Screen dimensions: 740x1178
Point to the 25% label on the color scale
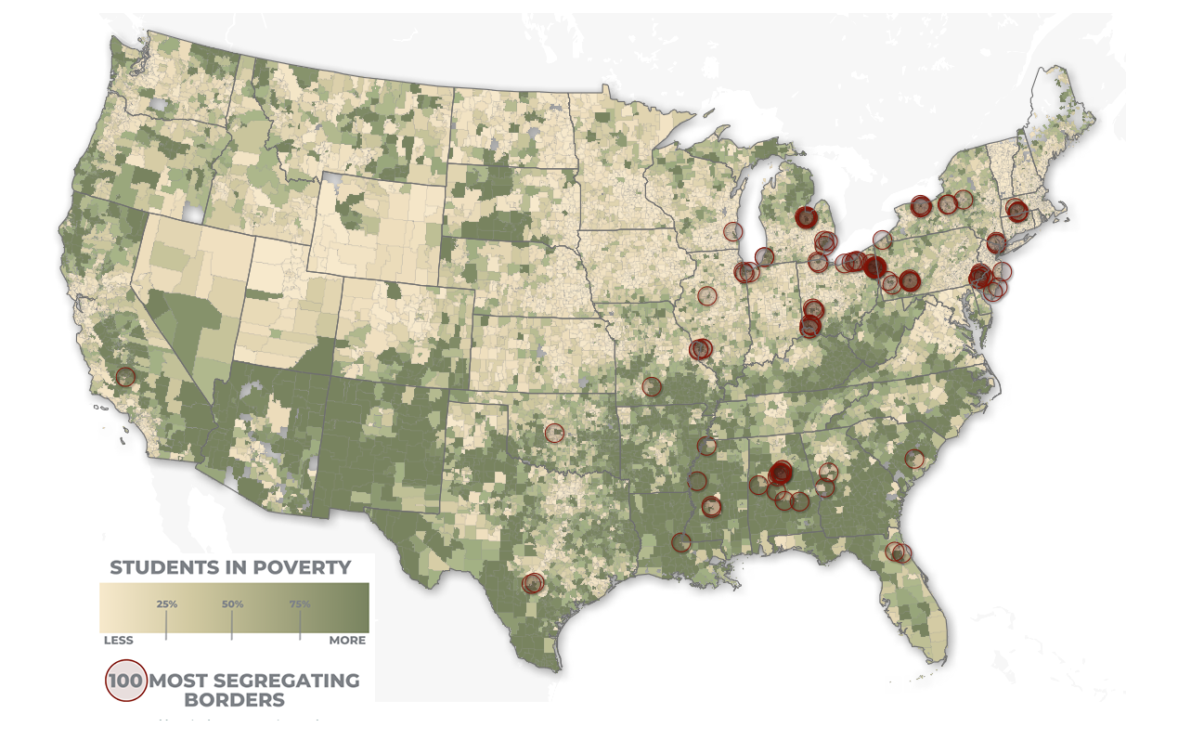click(x=167, y=604)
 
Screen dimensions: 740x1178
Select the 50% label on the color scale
click(x=232, y=604)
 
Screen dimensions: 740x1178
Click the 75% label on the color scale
click(x=300, y=604)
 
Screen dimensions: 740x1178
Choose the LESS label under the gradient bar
click(x=118, y=641)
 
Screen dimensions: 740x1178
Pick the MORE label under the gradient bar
click(x=347, y=641)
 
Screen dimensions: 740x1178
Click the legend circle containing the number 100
click(x=125, y=681)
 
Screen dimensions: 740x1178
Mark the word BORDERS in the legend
click(x=234, y=700)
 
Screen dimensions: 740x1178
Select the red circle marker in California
click(x=125, y=377)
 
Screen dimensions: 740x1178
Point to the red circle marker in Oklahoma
click(x=554, y=432)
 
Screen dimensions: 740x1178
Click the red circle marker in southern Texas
click(x=532, y=583)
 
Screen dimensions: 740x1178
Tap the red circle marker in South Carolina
click(x=914, y=458)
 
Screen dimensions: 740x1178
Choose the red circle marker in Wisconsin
click(x=733, y=231)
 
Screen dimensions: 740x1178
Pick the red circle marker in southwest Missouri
click(x=652, y=386)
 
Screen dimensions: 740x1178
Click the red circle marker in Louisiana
click(x=681, y=541)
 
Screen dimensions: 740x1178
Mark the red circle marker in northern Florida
click(x=898, y=552)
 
